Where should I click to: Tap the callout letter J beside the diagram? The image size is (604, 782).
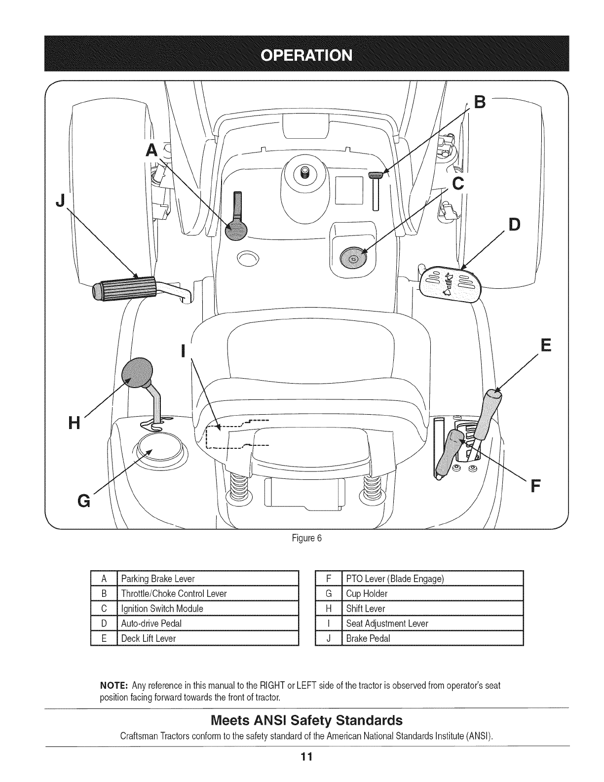[x=61, y=202]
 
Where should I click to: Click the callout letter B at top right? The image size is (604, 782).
[x=479, y=103]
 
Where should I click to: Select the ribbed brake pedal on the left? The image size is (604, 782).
[x=124, y=289]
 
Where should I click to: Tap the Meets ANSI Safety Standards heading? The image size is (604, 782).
[x=306, y=718]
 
